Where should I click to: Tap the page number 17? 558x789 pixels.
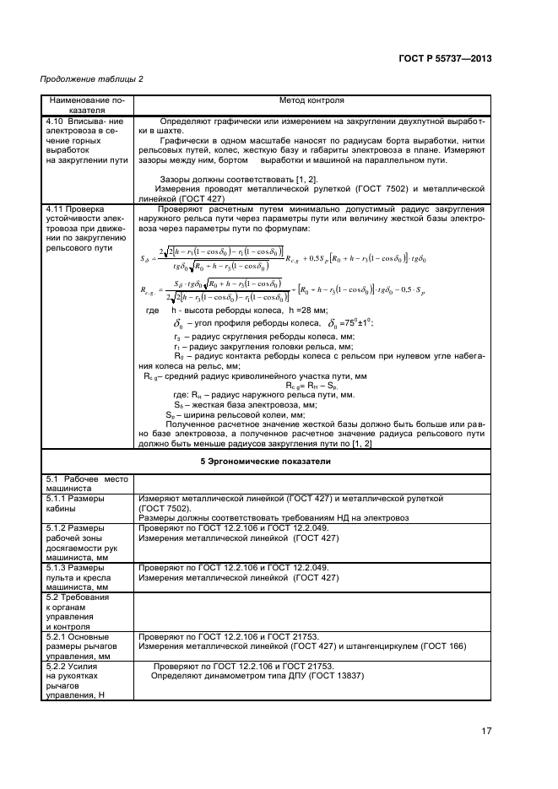pyautogui.click(x=486, y=731)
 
